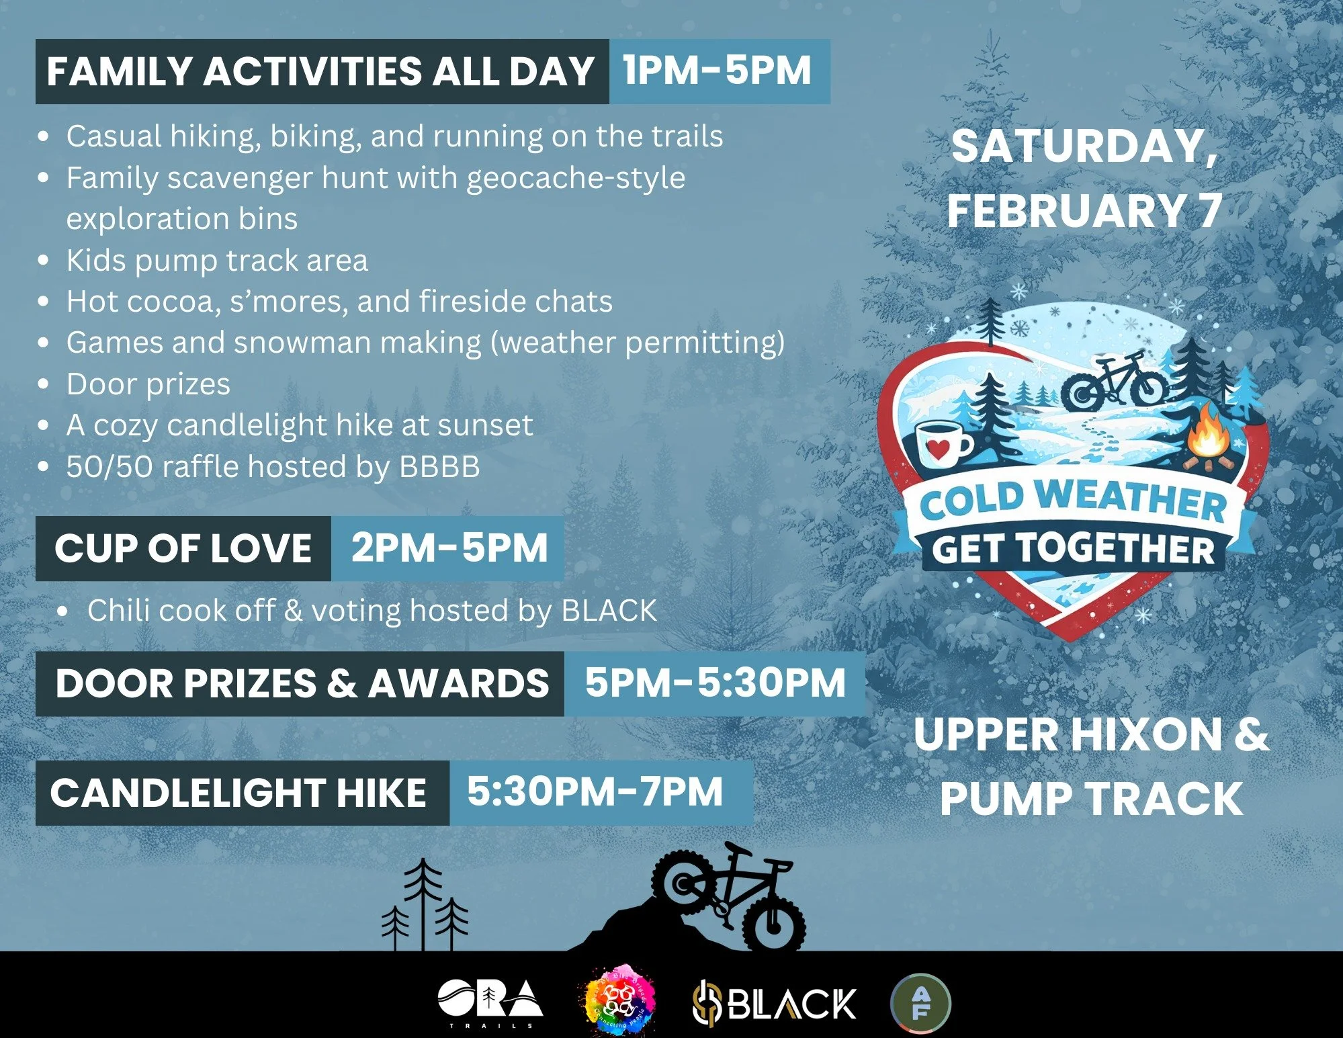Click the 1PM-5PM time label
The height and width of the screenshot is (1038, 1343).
[718, 71]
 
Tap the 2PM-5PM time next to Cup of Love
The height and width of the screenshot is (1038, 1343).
[449, 548]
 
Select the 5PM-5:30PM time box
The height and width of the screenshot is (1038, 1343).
[715, 683]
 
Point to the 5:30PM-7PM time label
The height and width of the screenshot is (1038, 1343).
[595, 791]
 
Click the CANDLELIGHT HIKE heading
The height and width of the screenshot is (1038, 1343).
[239, 793]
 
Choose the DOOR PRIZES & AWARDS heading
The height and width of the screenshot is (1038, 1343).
[302, 684]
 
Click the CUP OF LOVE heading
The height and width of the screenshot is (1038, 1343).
[183, 548]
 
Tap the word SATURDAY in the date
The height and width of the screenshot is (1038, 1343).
[1083, 146]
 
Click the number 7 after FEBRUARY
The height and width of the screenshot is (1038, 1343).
[1209, 210]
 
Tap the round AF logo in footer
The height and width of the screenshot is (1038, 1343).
[920, 1003]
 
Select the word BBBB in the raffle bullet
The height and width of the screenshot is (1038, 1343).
[439, 467]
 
